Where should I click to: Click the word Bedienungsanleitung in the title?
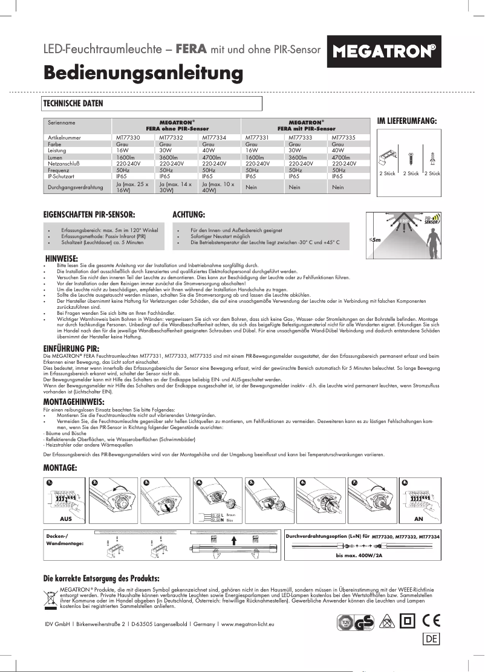click(x=143, y=73)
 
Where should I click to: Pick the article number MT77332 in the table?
click(x=171, y=138)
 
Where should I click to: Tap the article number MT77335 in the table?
click(x=343, y=138)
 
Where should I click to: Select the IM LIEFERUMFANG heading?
click(x=406, y=121)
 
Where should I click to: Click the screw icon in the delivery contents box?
click(x=411, y=161)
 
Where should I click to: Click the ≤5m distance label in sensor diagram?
click(x=374, y=241)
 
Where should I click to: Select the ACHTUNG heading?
click(x=189, y=215)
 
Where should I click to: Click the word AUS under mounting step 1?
click(x=66, y=519)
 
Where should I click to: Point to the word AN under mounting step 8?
click(x=418, y=519)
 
